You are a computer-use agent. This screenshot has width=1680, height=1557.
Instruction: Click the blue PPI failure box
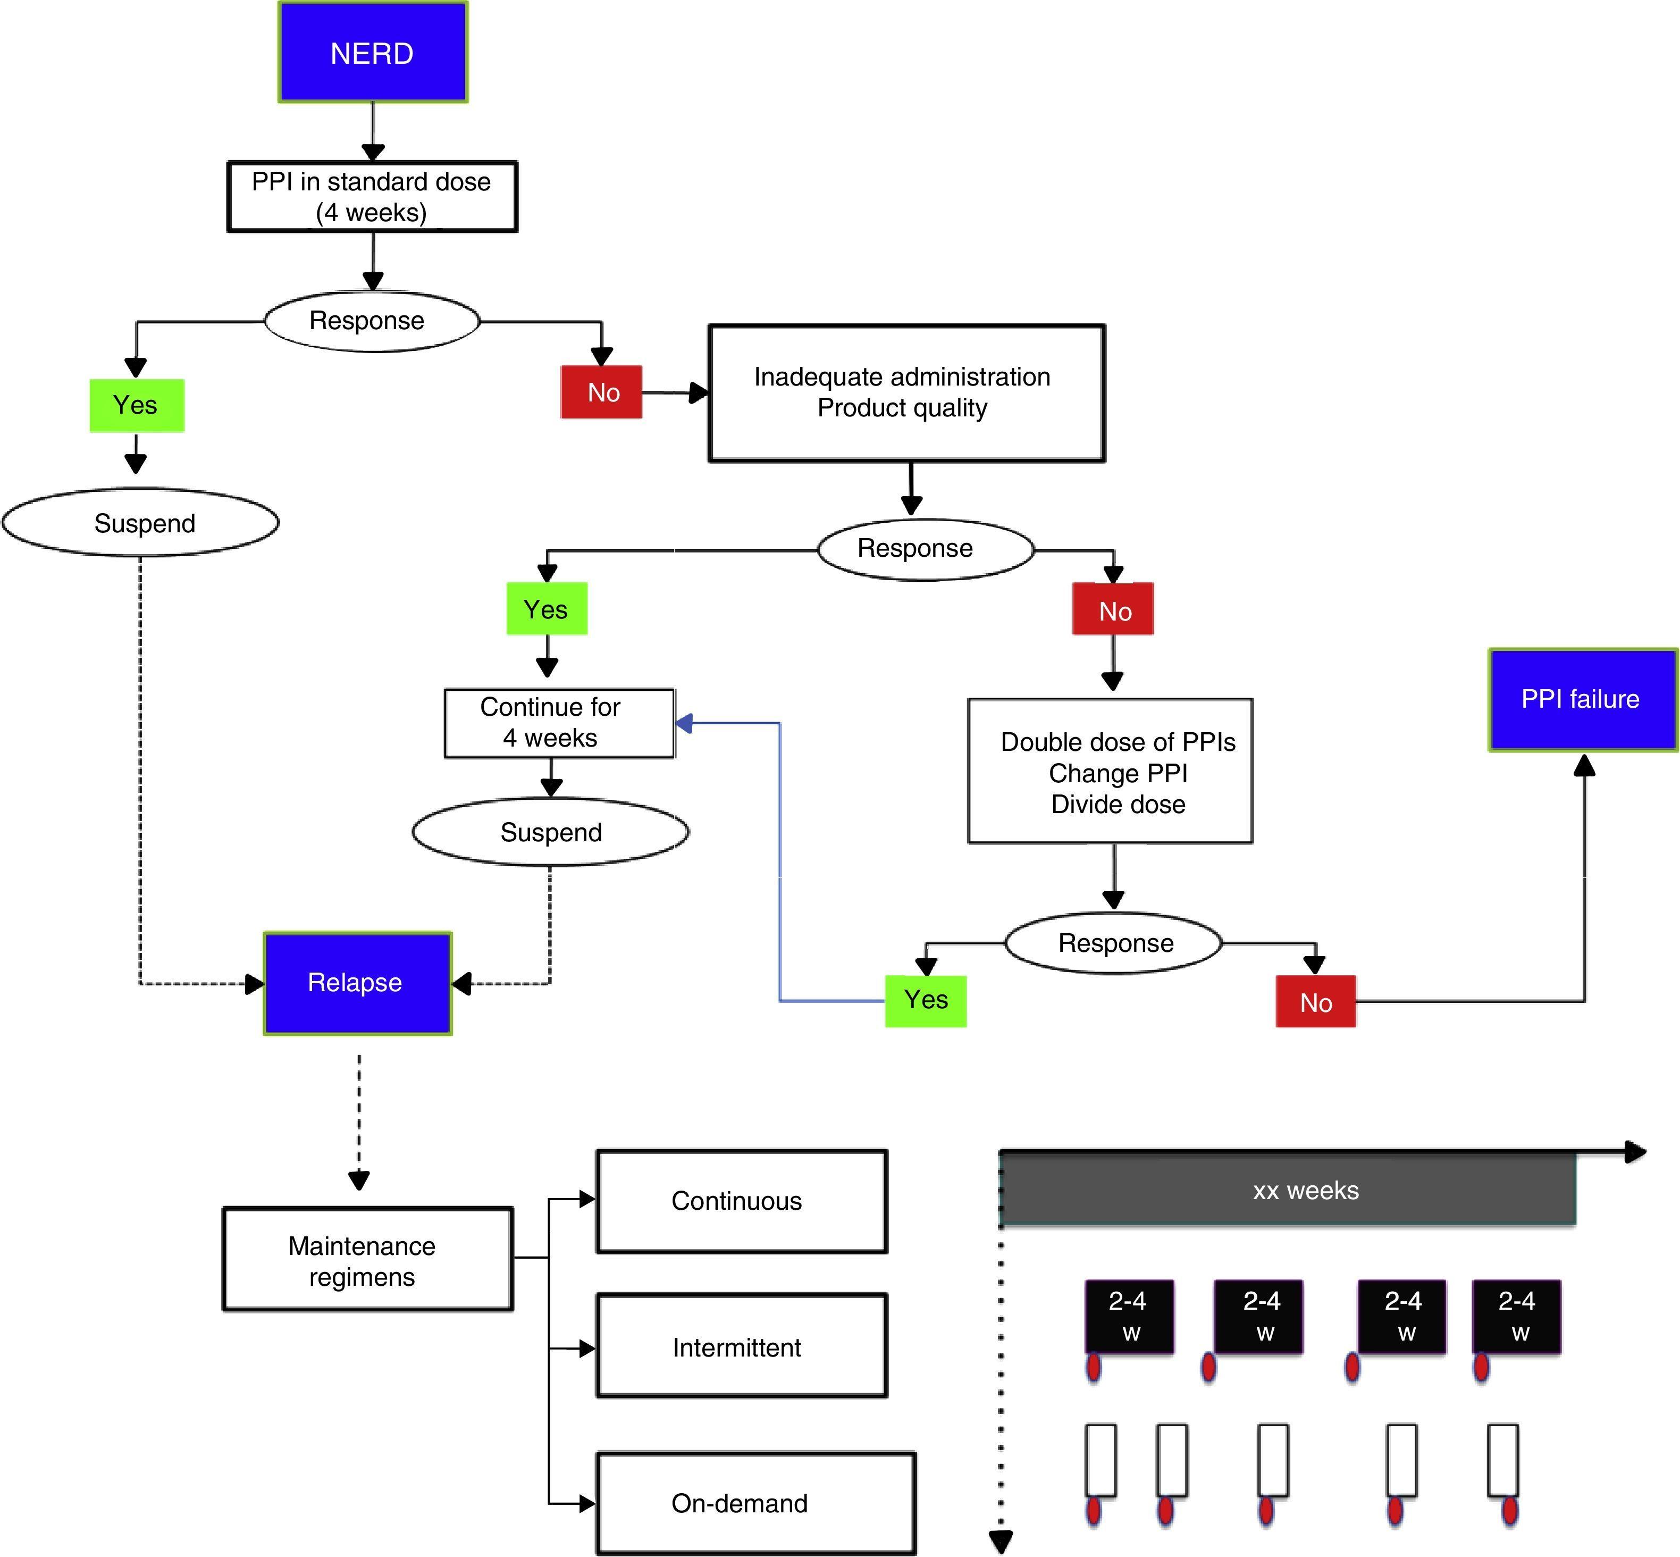coord(1582,699)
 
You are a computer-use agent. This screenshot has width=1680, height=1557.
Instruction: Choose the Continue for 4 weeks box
coord(559,723)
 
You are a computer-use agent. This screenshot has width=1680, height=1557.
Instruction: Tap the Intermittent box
coord(742,1346)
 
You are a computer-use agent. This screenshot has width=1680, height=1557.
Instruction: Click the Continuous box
coord(742,1201)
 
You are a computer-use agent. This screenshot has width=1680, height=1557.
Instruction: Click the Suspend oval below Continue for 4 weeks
coord(551,832)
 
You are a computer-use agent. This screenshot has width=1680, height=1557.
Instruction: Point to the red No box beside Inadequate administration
coord(602,392)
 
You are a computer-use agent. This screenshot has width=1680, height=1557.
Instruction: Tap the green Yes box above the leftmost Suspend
coord(137,405)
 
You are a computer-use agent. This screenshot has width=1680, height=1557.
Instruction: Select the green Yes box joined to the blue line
coord(925,1001)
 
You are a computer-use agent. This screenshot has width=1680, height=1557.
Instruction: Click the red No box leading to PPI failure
coord(1315,1002)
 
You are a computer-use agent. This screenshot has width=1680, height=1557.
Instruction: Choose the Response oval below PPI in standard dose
coord(372,321)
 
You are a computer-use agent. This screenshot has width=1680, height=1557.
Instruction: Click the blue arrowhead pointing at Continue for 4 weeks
coord(684,723)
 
